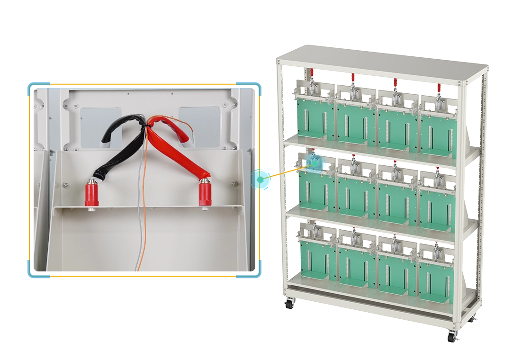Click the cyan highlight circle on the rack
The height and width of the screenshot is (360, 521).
pos(314,162)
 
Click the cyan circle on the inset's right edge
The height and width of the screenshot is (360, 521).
pos(260,179)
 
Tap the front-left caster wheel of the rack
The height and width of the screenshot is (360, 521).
pos(289,305)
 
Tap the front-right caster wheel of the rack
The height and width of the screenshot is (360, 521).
pos(451,337)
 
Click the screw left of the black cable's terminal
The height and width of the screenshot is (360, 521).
pos(66,183)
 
